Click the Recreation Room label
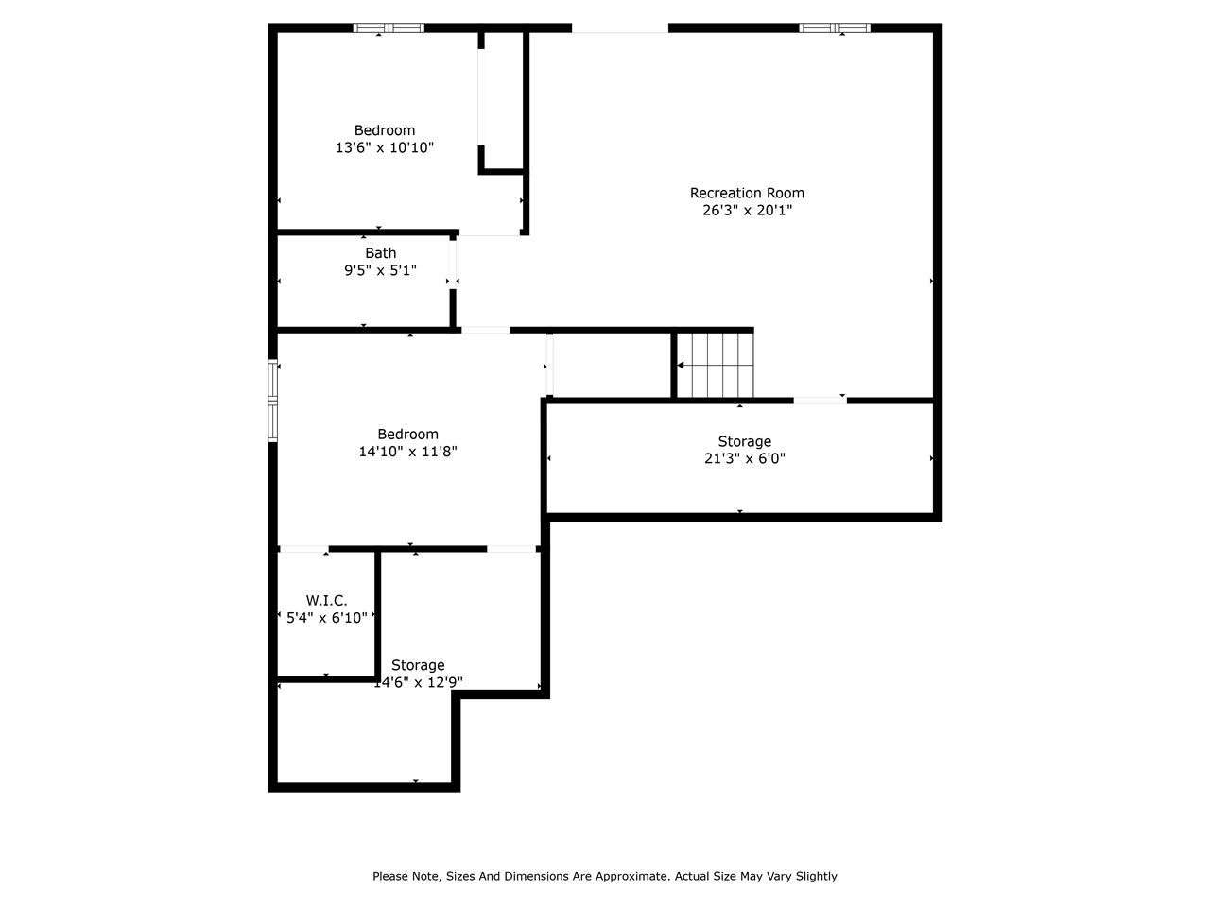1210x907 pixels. (x=747, y=193)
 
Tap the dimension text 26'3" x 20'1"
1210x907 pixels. (x=747, y=210)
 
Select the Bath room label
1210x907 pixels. (x=380, y=253)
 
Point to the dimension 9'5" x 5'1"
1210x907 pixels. (x=380, y=270)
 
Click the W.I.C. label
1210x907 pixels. (x=326, y=600)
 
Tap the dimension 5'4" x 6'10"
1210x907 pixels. (x=326, y=617)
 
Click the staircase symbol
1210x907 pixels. (x=715, y=365)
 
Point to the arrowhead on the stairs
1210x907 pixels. (x=681, y=365)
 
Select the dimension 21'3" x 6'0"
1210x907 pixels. (x=744, y=458)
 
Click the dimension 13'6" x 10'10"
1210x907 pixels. (x=384, y=147)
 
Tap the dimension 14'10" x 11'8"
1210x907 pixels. (x=408, y=452)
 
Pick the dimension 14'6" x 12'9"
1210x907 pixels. (x=418, y=682)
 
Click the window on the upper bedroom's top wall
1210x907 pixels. (x=389, y=28)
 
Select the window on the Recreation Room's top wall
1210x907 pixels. (x=835, y=28)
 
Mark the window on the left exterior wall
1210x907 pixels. (x=272, y=401)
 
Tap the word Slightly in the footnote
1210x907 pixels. (x=817, y=876)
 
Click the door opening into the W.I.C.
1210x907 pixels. (x=303, y=549)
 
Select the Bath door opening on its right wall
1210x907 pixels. (x=453, y=265)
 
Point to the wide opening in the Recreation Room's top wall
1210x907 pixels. (x=619, y=28)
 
